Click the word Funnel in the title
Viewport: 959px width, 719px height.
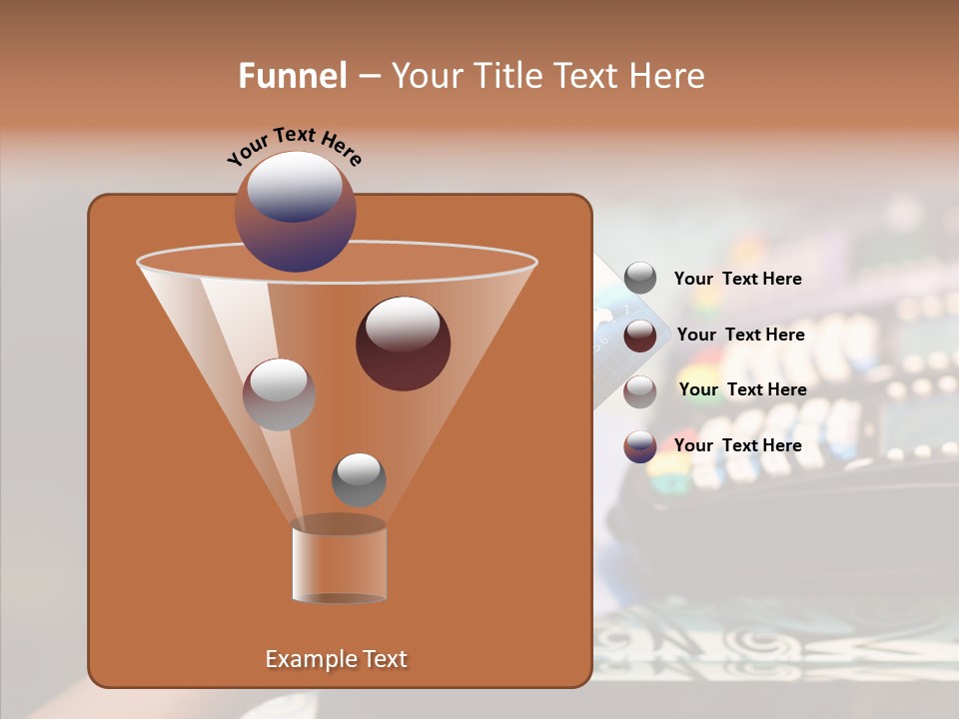pyautogui.click(x=293, y=76)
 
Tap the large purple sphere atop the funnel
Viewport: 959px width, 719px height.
pyautogui.click(x=296, y=212)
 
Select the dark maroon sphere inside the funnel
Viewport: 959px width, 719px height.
pyautogui.click(x=403, y=345)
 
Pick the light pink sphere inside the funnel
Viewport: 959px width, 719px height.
pyautogui.click(x=279, y=394)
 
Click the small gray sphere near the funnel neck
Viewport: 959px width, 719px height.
pyautogui.click(x=359, y=479)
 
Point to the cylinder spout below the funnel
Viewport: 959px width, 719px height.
pyautogui.click(x=339, y=561)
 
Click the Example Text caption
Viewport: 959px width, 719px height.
pyautogui.click(x=336, y=659)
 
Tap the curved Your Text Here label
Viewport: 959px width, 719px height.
pyautogui.click(x=295, y=145)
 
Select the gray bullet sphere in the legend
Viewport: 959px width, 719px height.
pyautogui.click(x=640, y=279)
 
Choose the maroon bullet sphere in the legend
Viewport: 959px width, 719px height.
pyautogui.click(x=640, y=336)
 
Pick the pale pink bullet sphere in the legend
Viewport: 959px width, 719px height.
pyautogui.click(x=640, y=391)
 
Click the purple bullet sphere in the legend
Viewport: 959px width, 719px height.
pyautogui.click(x=640, y=446)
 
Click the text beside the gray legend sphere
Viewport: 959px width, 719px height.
pyautogui.click(x=737, y=280)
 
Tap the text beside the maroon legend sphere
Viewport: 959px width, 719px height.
pyautogui.click(x=740, y=335)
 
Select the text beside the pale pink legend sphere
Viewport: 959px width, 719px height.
pyautogui.click(x=742, y=389)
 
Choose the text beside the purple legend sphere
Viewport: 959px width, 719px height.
pyautogui.click(x=737, y=445)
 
